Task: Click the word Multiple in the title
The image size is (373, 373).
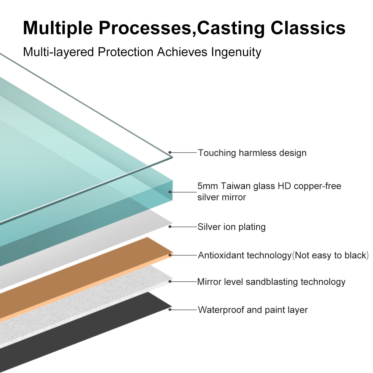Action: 58,28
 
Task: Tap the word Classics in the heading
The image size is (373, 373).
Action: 308,28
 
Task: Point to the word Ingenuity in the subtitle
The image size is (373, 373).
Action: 236,52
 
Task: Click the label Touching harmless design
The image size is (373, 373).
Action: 252,153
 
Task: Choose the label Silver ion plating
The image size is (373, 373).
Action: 232,227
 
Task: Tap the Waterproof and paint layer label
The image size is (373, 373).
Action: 253,310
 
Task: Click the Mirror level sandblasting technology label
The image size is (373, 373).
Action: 271,282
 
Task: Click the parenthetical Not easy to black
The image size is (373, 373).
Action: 330,256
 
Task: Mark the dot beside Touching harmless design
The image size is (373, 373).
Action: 170,153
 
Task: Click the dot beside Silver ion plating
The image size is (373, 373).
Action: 170,227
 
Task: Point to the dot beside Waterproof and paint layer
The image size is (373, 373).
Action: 170,310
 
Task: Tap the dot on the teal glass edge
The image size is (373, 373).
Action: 170,192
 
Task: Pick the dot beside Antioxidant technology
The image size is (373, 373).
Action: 170,255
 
